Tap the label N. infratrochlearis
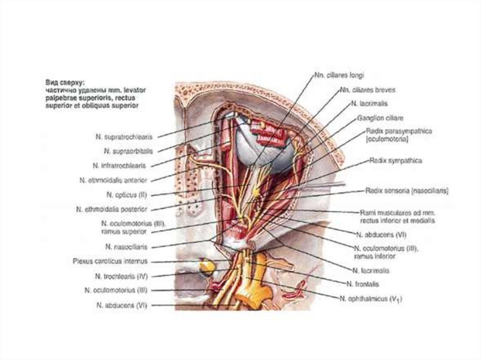pyautogui.click(x=119, y=166)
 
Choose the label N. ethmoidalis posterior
pyautogui.click(x=112, y=209)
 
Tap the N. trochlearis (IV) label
pyautogui.click(x=122, y=276)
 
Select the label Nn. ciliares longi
pyautogui.click(x=339, y=74)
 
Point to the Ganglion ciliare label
pyautogui.click(x=380, y=117)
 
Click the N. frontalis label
pyautogui.click(x=363, y=284)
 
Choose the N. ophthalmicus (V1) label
pyautogui.click(x=371, y=298)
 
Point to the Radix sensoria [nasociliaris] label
pyautogui.click(x=407, y=191)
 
